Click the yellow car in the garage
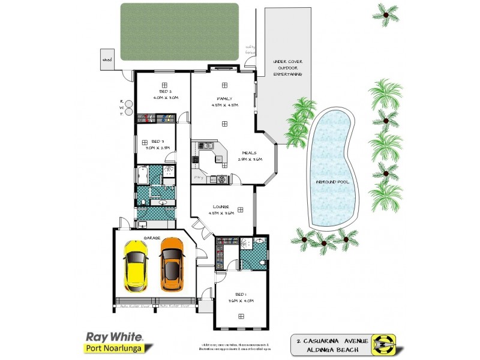click(136, 264)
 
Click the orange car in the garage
click(172, 264)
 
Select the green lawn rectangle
click(179, 31)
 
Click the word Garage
click(151, 238)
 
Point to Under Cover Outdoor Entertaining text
click(287, 67)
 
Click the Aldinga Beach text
click(329, 349)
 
